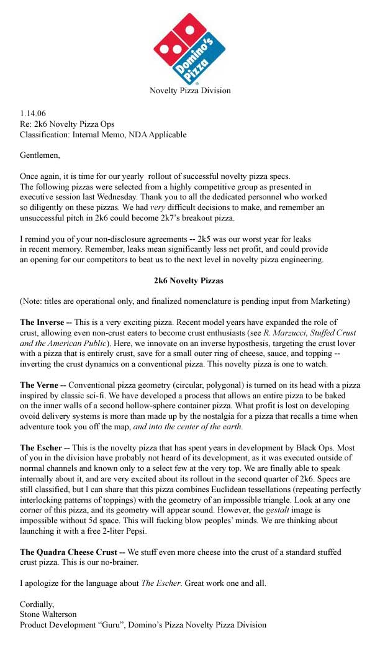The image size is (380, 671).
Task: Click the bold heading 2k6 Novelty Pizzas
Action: (x=189, y=281)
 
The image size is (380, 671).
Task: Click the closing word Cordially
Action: (x=37, y=604)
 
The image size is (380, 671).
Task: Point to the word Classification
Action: (x=46, y=134)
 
